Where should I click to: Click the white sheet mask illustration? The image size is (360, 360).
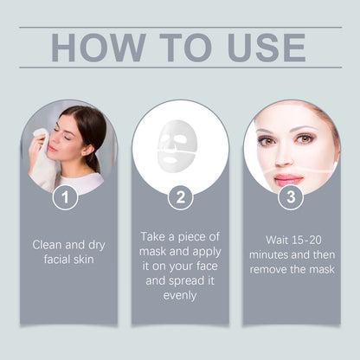[177, 142]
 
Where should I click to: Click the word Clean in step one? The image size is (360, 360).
[48, 244]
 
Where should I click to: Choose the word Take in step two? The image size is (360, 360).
[157, 237]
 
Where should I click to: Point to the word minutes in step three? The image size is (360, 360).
[272, 255]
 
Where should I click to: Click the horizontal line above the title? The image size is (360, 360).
[180, 27]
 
